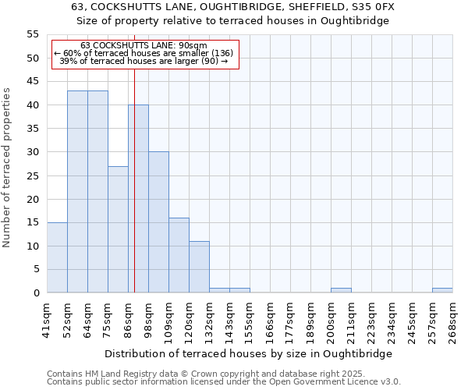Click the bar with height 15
tap(57, 257)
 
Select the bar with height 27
tap(118, 229)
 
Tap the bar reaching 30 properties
tap(158, 222)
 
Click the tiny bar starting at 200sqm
tap(341, 290)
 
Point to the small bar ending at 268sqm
tap(442, 290)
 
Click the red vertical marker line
tap(134, 195)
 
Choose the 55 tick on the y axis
tap(33, 34)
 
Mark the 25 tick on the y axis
tap(33, 175)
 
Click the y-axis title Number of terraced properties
tap(7, 167)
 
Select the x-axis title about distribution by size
tap(248, 353)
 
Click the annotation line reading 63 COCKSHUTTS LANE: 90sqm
tap(144, 45)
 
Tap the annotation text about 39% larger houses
tap(144, 61)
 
